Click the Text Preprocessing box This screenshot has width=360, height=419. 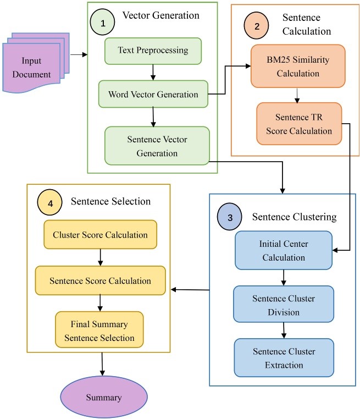(x=153, y=51)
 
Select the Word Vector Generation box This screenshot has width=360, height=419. (x=153, y=94)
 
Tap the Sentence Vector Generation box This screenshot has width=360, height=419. (x=157, y=146)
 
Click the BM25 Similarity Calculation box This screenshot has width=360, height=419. (x=298, y=66)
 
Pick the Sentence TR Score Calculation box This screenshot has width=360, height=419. (x=299, y=124)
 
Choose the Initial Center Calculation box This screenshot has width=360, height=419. (x=284, y=250)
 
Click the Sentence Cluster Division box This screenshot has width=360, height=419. (x=284, y=305)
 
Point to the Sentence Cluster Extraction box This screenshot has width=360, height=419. (x=284, y=357)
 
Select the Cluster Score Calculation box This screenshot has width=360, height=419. (x=100, y=235)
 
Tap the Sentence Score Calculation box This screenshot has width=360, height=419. (x=100, y=280)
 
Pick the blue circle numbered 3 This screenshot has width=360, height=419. (x=230, y=217)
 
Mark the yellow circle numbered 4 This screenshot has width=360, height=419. (x=51, y=202)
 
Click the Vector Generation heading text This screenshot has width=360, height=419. (x=161, y=15)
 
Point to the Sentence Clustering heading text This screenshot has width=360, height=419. (x=295, y=217)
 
